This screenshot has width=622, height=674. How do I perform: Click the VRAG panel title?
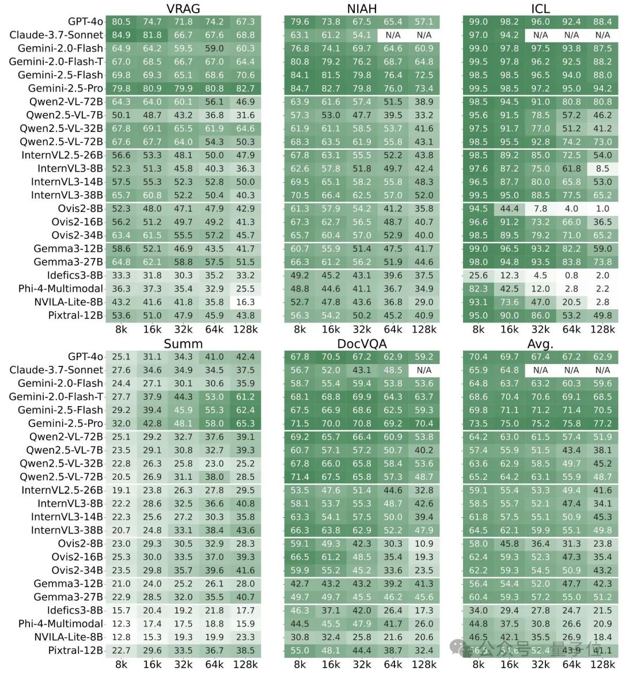click(183, 8)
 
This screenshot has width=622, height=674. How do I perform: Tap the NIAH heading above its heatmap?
click(362, 8)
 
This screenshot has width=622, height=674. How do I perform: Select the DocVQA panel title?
click(362, 344)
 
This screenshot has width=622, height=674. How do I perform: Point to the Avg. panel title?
click(540, 344)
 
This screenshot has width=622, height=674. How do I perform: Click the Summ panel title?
click(183, 344)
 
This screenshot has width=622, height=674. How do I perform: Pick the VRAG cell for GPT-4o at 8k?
click(121, 22)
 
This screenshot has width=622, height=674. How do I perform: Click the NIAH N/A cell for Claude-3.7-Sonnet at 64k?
click(393, 35)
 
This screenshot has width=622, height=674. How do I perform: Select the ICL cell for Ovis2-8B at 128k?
click(602, 209)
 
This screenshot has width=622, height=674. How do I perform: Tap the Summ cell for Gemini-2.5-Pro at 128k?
click(245, 423)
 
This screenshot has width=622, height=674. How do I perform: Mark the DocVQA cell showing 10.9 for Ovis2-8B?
click(424, 544)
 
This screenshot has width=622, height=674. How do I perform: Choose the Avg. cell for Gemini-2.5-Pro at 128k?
click(602, 423)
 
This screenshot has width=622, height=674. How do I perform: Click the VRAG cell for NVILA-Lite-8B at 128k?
click(245, 302)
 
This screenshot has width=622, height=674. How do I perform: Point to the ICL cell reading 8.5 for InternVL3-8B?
click(602, 169)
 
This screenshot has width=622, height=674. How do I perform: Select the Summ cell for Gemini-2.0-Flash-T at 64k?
click(214, 397)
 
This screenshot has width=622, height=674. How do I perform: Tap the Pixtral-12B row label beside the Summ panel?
click(75, 650)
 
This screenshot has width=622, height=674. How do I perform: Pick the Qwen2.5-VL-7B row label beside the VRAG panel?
click(65, 115)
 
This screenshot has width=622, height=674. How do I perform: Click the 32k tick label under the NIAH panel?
click(362, 330)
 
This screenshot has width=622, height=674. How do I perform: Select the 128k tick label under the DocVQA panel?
click(424, 664)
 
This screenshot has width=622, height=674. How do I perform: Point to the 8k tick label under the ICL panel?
click(478, 330)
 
